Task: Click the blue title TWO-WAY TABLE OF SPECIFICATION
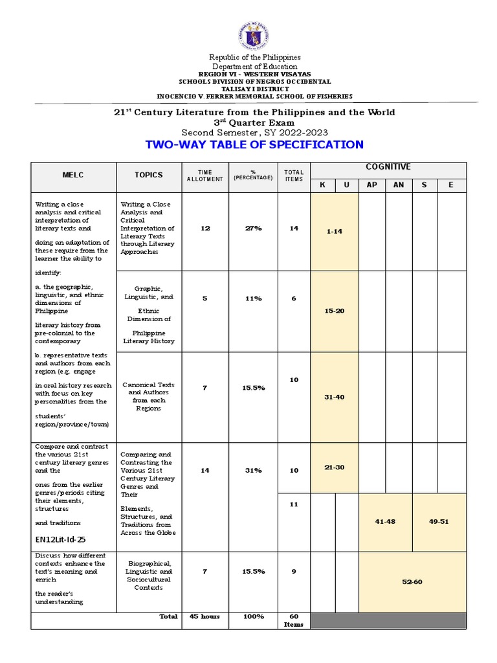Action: click(x=255, y=144)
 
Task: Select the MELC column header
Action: click(x=73, y=175)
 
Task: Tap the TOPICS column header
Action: click(x=148, y=175)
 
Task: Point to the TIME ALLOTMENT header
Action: click(x=205, y=175)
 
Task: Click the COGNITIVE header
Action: click(x=388, y=167)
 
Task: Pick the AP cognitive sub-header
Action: click(x=372, y=185)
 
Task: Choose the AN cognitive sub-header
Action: click(x=399, y=185)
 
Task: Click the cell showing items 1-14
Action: click(x=335, y=231)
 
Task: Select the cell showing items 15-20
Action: click(x=335, y=311)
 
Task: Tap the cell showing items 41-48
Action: click(x=386, y=521)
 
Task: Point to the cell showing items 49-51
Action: click(x=439, y=521)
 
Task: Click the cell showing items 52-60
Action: click(x=412, y=581)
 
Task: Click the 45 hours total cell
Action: click(x=205, y=616)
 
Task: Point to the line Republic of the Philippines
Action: click(x=255, y=58)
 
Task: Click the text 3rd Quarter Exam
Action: click(x=254, y=122)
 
